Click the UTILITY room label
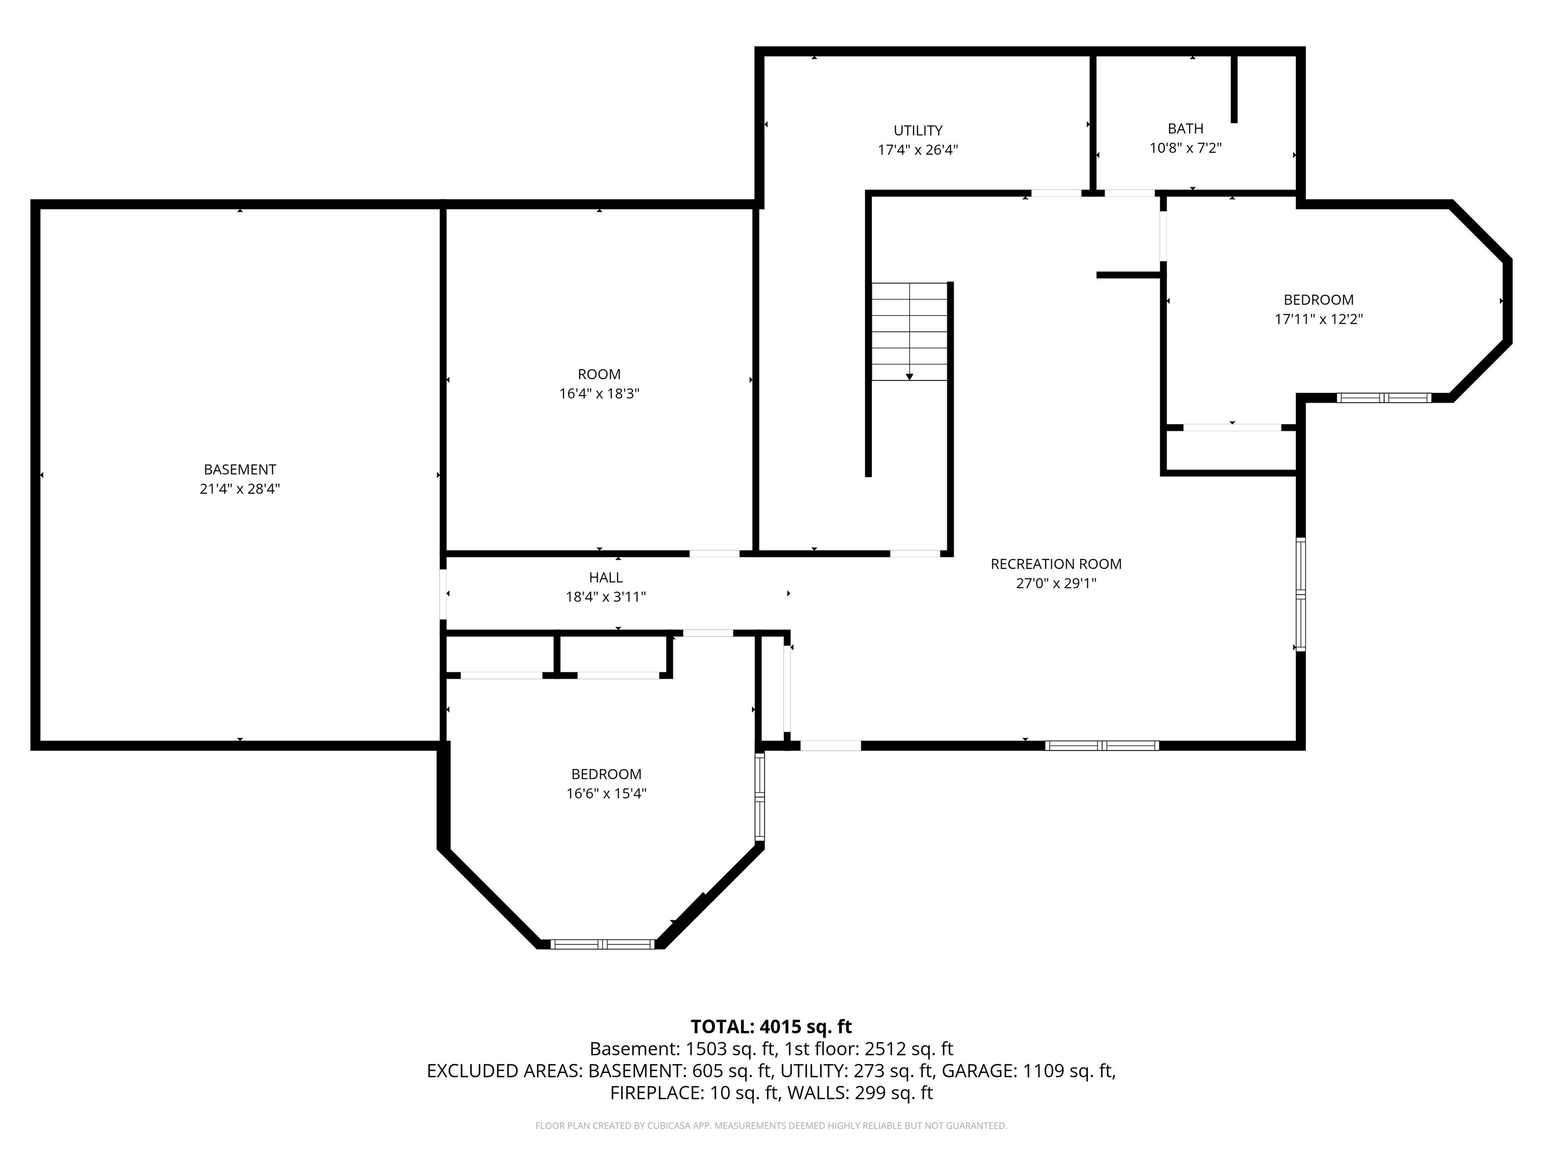[918, 131]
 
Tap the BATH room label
[1185, 129]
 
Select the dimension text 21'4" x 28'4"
[240, 489]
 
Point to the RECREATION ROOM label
[1056, 564]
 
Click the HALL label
[605, 577]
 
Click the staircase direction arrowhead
[910, 377]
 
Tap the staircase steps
[910, 332]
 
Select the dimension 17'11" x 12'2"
[1318, 319]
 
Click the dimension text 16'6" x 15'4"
[606, 793]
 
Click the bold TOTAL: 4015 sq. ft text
[771, 1026]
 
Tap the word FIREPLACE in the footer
[655, 1093]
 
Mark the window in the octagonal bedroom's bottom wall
[603, 944]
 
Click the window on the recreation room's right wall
[1301, 594]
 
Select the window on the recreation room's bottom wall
[1102, 746]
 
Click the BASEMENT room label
[240, 470]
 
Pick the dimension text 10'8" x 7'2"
[1185, 148]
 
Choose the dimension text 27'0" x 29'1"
[1056, 584]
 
